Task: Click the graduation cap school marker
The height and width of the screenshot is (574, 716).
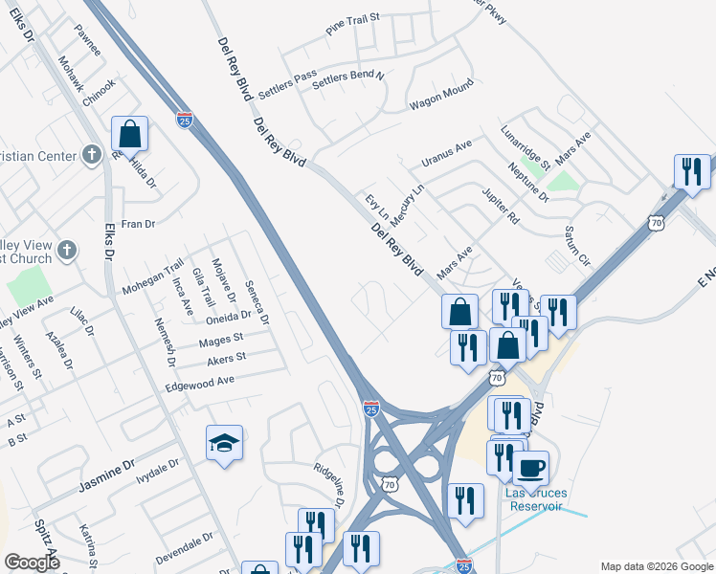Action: (x=224, y=443)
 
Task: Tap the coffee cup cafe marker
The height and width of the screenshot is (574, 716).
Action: (x=531, y=469)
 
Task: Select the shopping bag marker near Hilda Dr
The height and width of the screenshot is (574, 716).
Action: (x=130, y=134)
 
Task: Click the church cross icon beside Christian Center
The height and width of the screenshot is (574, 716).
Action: (x=91, y=154)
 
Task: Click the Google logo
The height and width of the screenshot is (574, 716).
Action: (x=32, y=563)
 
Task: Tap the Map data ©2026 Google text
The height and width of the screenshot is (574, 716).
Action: (x=656, y=566)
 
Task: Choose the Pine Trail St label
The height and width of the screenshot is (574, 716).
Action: (x=353, y=24)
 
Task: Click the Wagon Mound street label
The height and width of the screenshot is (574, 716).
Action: (x=441, y=95)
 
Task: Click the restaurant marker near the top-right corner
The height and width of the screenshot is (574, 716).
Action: (x=692, y=171)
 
